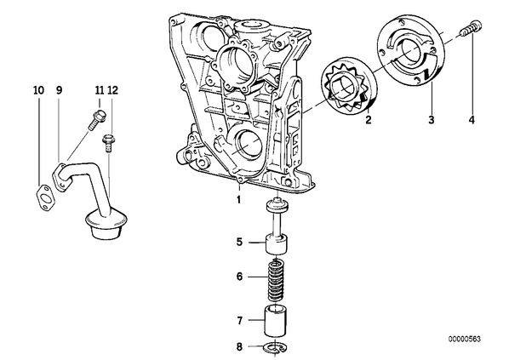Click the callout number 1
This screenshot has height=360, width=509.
point(238,199)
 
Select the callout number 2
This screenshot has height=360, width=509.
point(368,119)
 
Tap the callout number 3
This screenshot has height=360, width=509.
point(431,119)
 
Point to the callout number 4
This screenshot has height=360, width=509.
point(472,119)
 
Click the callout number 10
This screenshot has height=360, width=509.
point(38,90)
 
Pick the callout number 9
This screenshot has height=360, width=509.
point(59,90)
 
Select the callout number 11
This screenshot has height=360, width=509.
point(100,90)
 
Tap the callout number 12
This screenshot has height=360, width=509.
point(112,90)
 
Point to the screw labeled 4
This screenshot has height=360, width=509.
point(471,28)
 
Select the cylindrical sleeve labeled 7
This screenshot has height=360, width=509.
point(275,321)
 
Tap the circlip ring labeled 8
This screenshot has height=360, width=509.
point(274,348)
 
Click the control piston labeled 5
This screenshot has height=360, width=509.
point(277,226)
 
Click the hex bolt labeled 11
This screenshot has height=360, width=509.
point(96,119)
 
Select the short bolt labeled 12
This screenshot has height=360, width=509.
point(108,143)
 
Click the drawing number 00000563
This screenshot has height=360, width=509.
point(465,339)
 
